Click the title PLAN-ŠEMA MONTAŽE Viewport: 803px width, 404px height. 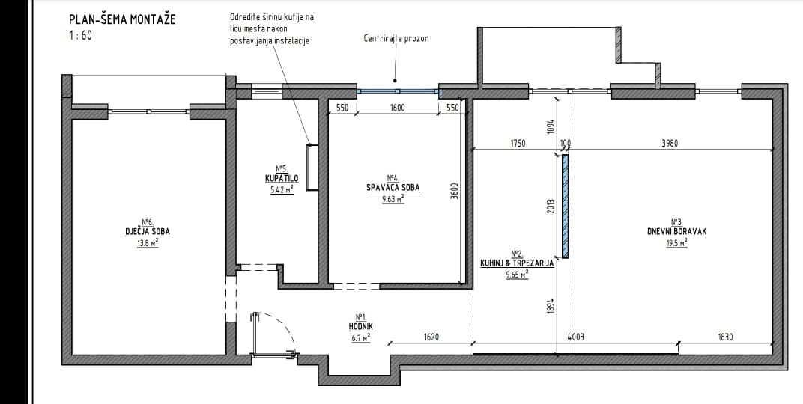point(122,19)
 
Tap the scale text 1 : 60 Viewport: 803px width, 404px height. point(80,36)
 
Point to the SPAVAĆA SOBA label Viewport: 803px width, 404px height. point(393,188)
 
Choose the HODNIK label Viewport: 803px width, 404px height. point(362,326)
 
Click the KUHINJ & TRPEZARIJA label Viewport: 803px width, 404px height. point(517,263)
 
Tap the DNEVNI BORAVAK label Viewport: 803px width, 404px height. point(676,232)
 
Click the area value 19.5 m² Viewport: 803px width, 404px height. point(676,243)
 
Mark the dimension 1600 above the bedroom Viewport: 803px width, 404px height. point(398,108)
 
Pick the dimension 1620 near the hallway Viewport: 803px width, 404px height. point(431,337)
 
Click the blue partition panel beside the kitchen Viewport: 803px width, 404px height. point(565,206)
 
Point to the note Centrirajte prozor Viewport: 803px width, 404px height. point(396,38)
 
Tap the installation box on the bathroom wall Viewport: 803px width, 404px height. point(312,168)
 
